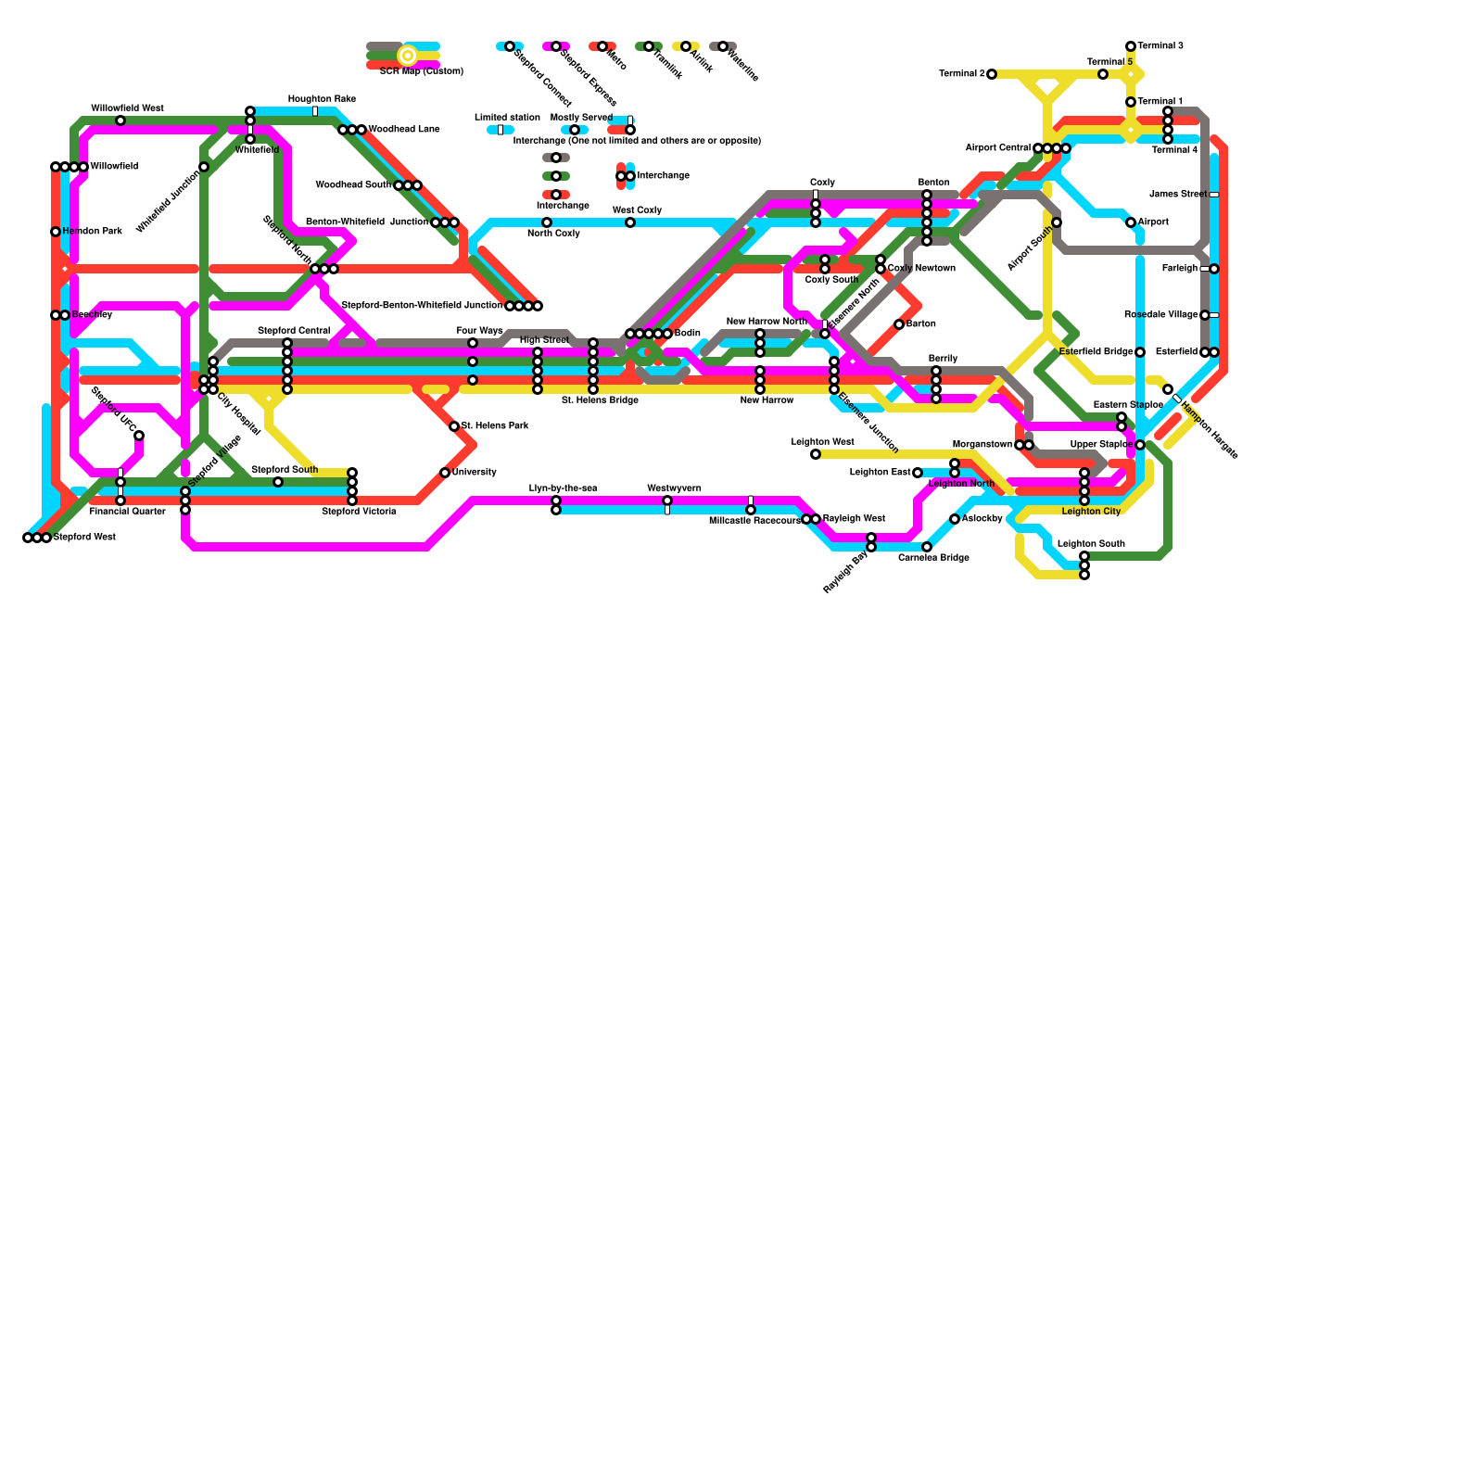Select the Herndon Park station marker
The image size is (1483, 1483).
coord(56,232)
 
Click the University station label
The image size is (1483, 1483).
coord(474,473)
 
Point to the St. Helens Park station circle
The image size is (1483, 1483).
coord(454,426)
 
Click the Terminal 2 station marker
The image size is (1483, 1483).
coord(992,74)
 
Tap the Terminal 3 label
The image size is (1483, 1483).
coord(1160,46)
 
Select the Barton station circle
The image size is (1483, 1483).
coord(899,324)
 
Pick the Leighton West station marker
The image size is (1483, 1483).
coord(816,454)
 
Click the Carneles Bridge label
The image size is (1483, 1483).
coord(933,558)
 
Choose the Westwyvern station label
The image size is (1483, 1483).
coord(674,488)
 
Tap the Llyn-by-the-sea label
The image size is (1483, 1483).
coord(563,488)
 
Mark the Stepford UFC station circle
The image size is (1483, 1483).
coord(139,436)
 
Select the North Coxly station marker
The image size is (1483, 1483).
coord(547,222)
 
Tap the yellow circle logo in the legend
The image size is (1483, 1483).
coord(408,56)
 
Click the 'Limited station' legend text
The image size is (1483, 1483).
coord(507,118)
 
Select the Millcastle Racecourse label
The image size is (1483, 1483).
coord(754,521)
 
